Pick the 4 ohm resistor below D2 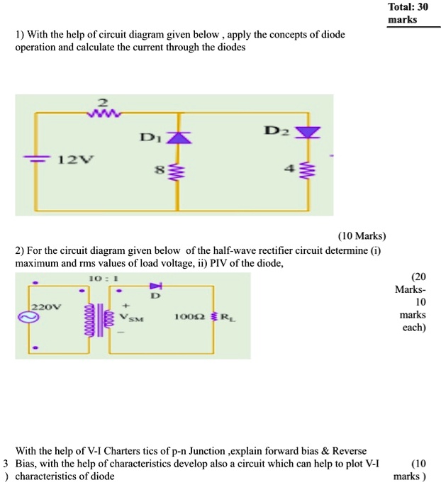[308, 171]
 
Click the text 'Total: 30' [408, 6]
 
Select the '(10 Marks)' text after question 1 [362, 236]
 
